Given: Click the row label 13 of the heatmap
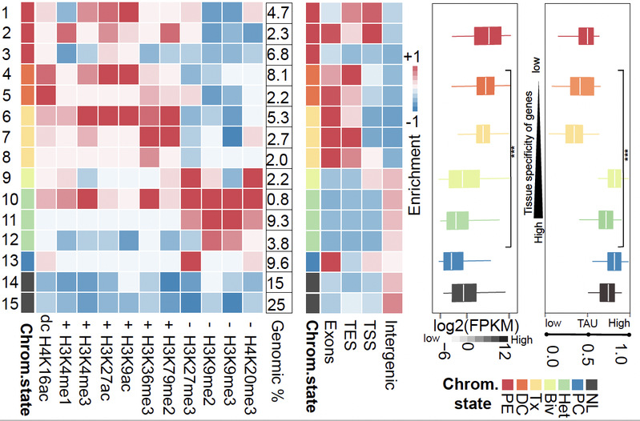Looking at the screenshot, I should pyautogui.click(x=9, y=259).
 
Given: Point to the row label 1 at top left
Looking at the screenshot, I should pyautogui.click(x=6, y=12).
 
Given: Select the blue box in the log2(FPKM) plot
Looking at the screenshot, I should pyautogui.click(x=453, y=261).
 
